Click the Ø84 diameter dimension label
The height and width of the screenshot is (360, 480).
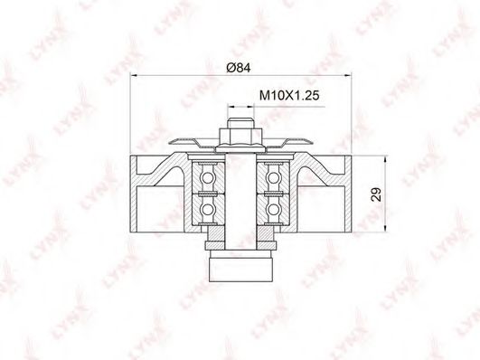(239, 68)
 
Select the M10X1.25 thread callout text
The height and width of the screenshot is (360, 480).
(289, 96)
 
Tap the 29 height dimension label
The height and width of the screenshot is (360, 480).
(376, 194)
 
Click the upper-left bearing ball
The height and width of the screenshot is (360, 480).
(207, 177)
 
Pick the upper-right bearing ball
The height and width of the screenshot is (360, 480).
(273, 177)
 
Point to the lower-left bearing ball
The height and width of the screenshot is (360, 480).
(207, 209)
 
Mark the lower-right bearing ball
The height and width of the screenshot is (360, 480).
(273, 209)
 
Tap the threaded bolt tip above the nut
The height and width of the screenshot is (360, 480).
(241, 123)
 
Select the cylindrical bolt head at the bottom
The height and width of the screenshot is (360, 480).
(240, 266)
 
